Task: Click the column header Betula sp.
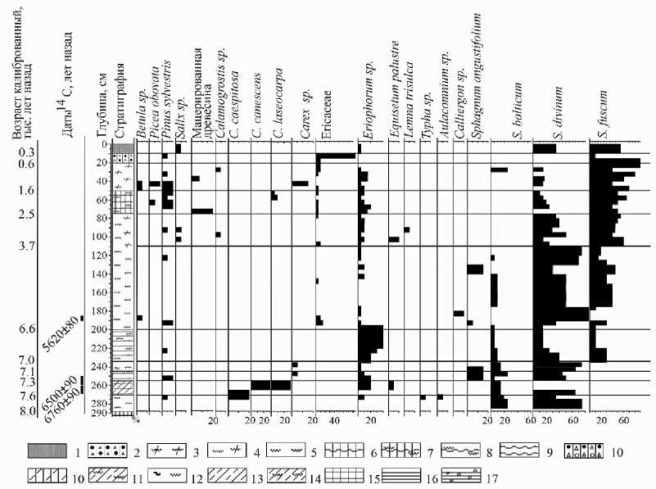(x=141, y=113)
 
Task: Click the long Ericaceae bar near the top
(x=336, y=156)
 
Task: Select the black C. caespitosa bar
(x=239, y=395)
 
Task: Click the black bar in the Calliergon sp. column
(x=459, y=313)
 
